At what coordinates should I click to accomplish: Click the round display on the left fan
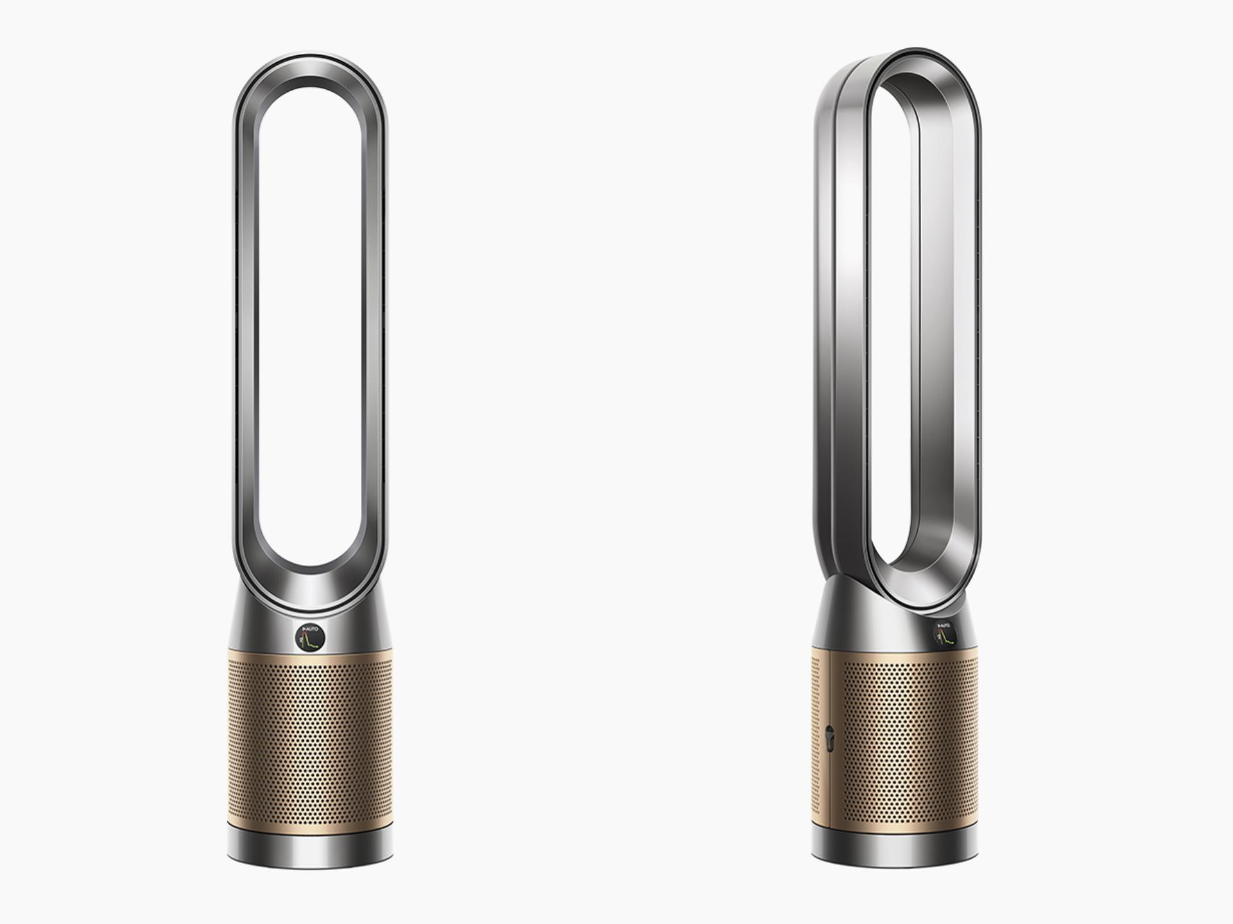pos(311,638)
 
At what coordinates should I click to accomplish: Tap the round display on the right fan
pos(945,633)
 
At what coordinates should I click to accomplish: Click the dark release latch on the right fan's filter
pos(828,738)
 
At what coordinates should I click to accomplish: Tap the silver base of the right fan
pos(895,849)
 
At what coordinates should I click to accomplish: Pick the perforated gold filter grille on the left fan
pos(311,745)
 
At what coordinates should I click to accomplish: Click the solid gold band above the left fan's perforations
pos(311,658)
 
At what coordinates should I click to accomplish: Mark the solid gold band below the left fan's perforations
pos(311,826)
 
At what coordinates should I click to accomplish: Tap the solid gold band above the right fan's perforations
pos(899,657)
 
